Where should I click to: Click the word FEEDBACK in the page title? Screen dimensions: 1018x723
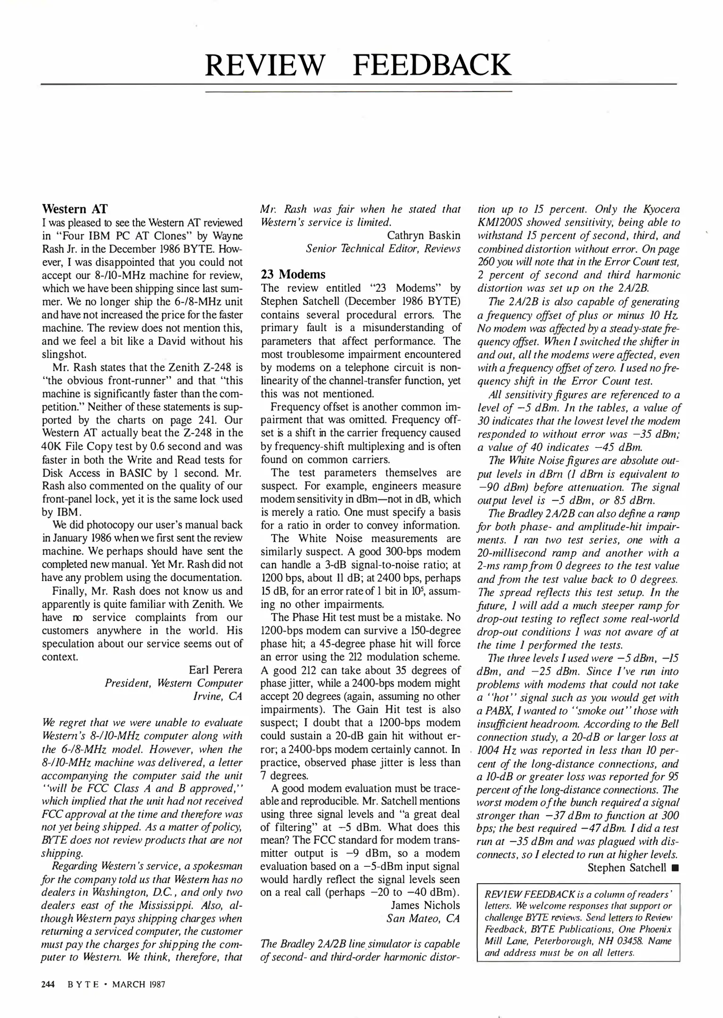[x=431, y=66]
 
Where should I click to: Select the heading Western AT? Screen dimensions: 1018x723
[x=74, y=209]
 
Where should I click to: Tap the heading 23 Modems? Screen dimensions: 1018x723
[x=293, y=274]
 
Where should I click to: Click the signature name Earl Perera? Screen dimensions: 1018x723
[x=215, y=670]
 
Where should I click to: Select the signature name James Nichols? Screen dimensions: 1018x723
[x=425, y=905]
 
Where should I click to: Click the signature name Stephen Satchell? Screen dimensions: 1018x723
[x=626, y=868]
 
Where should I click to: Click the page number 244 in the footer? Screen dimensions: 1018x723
[x=49, y=984]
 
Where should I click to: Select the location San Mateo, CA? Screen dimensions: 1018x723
[x=423, y=918]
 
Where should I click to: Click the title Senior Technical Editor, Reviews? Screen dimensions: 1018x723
[x=383, y=248]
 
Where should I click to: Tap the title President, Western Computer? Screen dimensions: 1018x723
[x=173, y=683]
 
